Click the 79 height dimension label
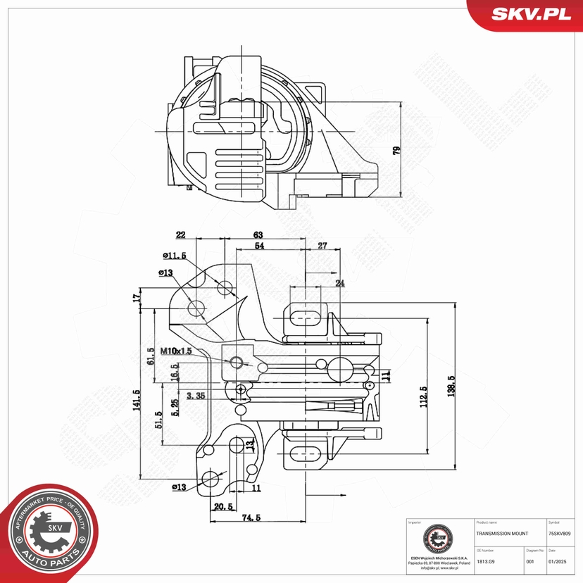click(397, 151)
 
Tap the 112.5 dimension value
click(423, 397)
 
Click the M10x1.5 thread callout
click(175, 350)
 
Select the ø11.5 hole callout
click(174, 256)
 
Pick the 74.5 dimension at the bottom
click(250, 518)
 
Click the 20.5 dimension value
click(224, 507)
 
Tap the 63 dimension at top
click(258, 234)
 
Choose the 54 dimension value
click(260, 246)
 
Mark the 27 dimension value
click(322, 246)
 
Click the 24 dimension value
click(340, 283)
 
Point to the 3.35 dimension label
click(196, 396)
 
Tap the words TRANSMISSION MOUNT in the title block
click(502, 534)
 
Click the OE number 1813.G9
click(485, 561)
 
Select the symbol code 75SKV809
click(564, 534)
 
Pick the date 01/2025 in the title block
click(558, 561)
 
